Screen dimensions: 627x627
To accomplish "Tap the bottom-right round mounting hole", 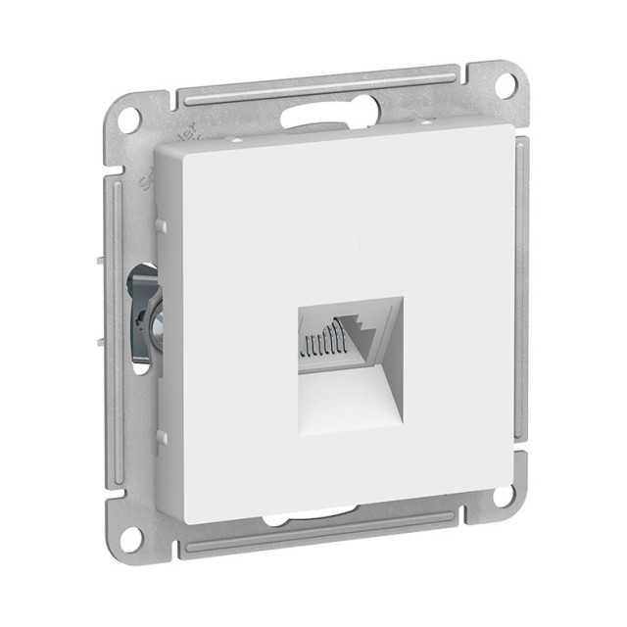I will pos(505,495).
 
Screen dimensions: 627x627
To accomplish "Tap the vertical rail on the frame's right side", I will pos(520,294).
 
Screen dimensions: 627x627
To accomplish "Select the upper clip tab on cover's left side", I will pos(161,226).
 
